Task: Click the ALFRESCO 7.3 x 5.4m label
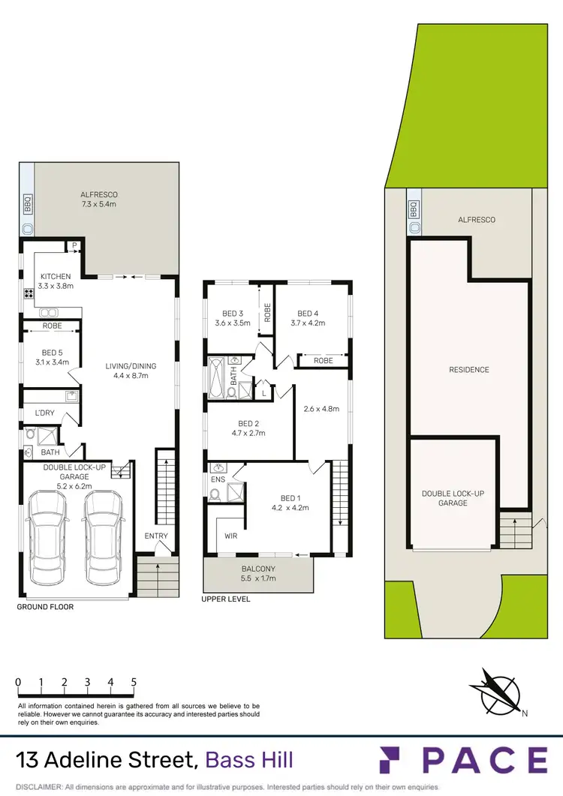click(101, 198)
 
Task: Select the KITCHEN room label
click(56, 281)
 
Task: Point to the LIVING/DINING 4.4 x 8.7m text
click(131, 371)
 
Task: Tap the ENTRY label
click(156, 536)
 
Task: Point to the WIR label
click(231, 536)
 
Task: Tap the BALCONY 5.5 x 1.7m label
click(257, 574)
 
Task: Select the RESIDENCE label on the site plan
click(469, 370)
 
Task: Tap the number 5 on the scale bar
click(134, 683)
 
